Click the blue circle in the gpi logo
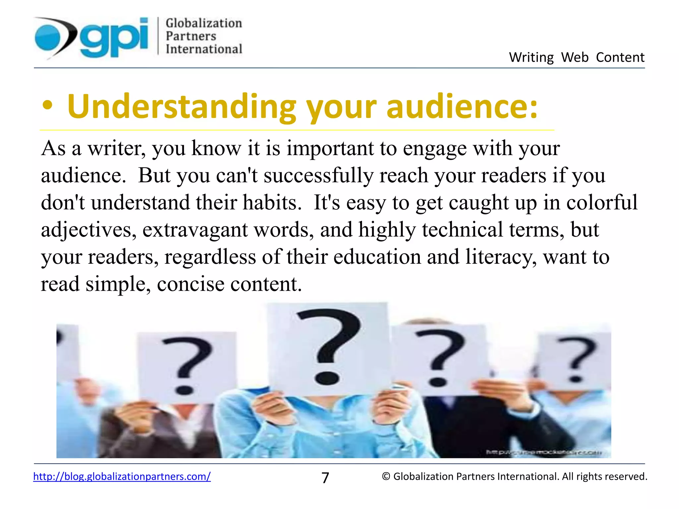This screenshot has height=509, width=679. coord(49,37)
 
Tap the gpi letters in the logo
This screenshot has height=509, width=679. coord(114,37)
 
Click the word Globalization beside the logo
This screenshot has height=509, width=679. coord(204,23)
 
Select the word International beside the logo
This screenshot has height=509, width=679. coord(204,49)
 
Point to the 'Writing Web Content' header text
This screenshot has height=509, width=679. coord(577,57)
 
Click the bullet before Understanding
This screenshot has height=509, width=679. coord(47,106)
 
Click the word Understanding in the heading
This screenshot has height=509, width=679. coord(181,107)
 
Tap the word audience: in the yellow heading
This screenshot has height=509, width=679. coord(462,107)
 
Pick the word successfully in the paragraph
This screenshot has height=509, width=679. coord(318,175)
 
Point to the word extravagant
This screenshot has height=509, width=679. coord(195,230)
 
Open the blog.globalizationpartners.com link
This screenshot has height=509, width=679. coord(122,477)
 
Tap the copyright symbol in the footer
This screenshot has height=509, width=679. coord(386,477)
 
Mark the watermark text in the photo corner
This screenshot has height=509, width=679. coord(544,452)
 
